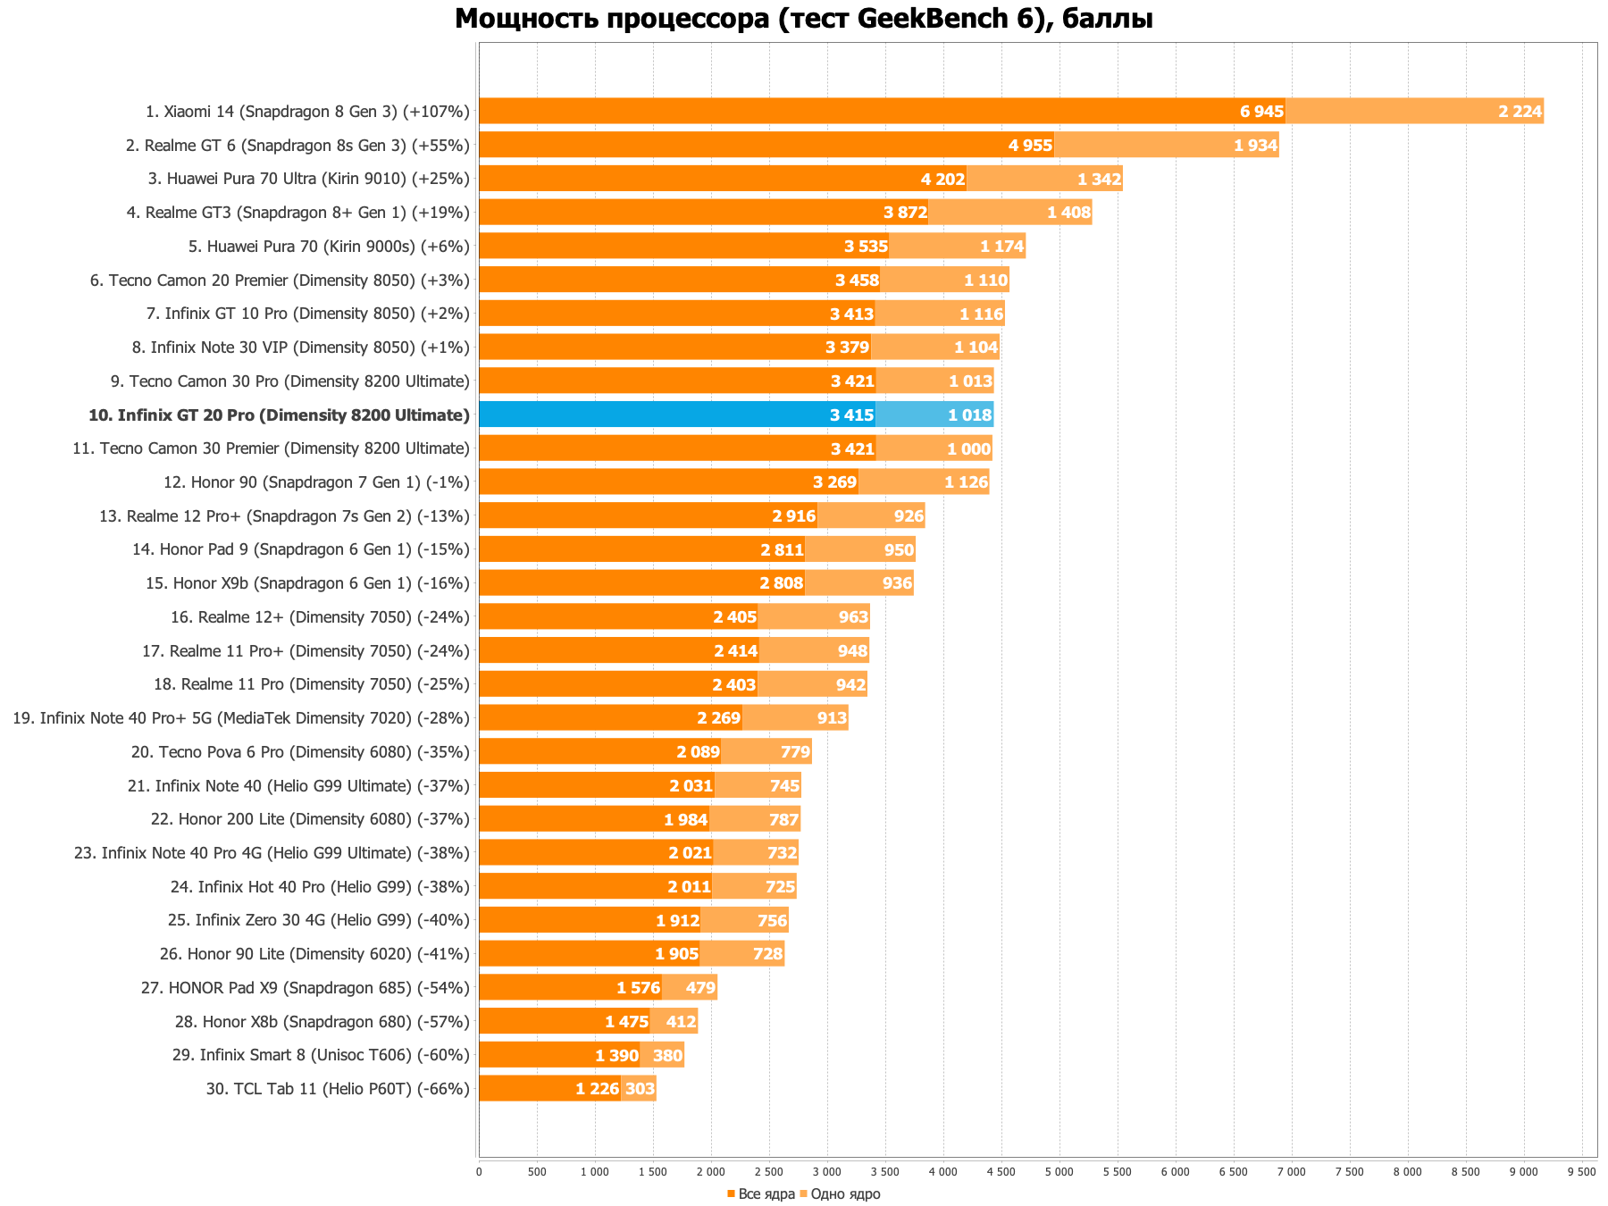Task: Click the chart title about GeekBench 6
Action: (x=803, y=19)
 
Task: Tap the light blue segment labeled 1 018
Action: (x=934, y=415)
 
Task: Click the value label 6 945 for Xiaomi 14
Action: (x=1261, y=112)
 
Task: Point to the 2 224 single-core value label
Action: (x=1520, y=112)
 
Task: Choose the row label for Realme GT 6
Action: (x=297, y=146)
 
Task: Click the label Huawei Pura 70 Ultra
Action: (x=308, y=179)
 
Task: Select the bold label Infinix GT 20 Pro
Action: (x=279, y=415)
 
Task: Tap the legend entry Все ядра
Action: (x=761, y=1194)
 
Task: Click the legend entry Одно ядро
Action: (x=840, y=1194)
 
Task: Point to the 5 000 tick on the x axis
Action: (x=1059, y=1171)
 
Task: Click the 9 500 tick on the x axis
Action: (x=1581, y=1171)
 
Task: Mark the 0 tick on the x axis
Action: (x=479, y=1171)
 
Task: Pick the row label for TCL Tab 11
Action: (x=337, y=1089)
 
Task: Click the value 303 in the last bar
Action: (x=640, y=1089)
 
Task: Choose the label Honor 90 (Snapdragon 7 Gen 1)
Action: (x=316, y=482)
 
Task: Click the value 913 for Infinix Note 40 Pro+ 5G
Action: (x=832, y=718)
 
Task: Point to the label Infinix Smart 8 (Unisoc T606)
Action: (x=321, y=1055)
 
